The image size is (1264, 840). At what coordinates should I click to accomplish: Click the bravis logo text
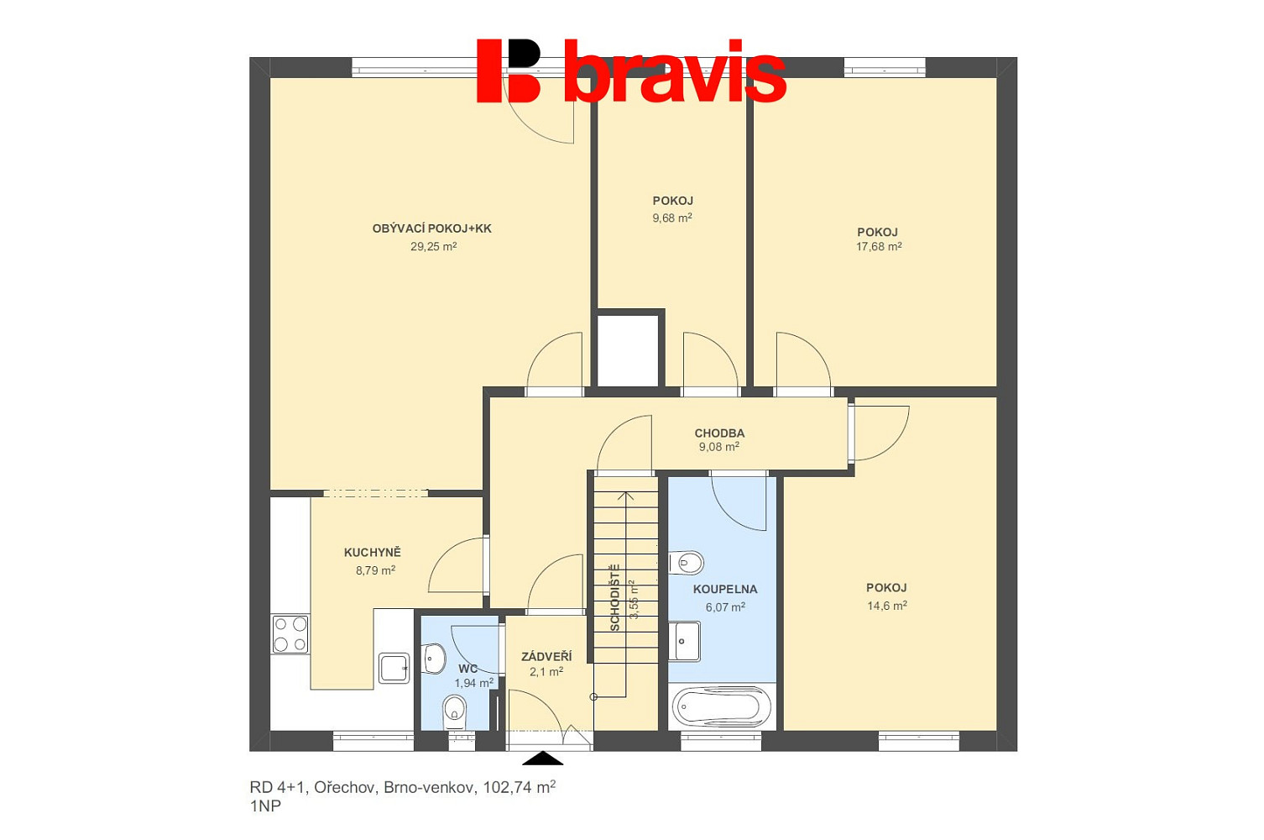[675, 71]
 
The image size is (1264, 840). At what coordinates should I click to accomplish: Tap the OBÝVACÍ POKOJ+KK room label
[431, 228]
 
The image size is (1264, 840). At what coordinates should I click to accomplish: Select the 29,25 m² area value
[433, 246]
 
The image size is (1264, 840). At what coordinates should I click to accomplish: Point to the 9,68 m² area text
[672, 218]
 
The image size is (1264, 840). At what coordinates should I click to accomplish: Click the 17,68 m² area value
[879, 246]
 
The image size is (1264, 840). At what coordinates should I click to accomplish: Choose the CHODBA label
[719, 433]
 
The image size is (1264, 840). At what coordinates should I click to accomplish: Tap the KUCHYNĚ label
[373, 553]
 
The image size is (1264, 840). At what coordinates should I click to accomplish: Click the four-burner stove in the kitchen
[290, 634]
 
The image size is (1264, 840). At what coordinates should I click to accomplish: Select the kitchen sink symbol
[394, 669]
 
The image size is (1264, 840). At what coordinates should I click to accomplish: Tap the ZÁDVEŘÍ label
[546, 656]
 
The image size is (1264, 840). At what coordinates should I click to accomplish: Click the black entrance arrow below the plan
[542, 758]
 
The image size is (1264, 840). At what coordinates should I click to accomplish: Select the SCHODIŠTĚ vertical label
[615, 597]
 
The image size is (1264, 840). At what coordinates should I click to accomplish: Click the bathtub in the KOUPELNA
[722, 706]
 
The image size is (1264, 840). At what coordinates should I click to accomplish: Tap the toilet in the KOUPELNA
[687, 563]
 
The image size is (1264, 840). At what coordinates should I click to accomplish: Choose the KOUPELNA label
[725, 589]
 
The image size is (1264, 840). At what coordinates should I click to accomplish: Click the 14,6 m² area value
[887, 606]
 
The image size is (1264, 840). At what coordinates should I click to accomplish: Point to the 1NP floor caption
[265, 806]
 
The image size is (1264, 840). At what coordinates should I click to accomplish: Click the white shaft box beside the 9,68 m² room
[628, 350]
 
